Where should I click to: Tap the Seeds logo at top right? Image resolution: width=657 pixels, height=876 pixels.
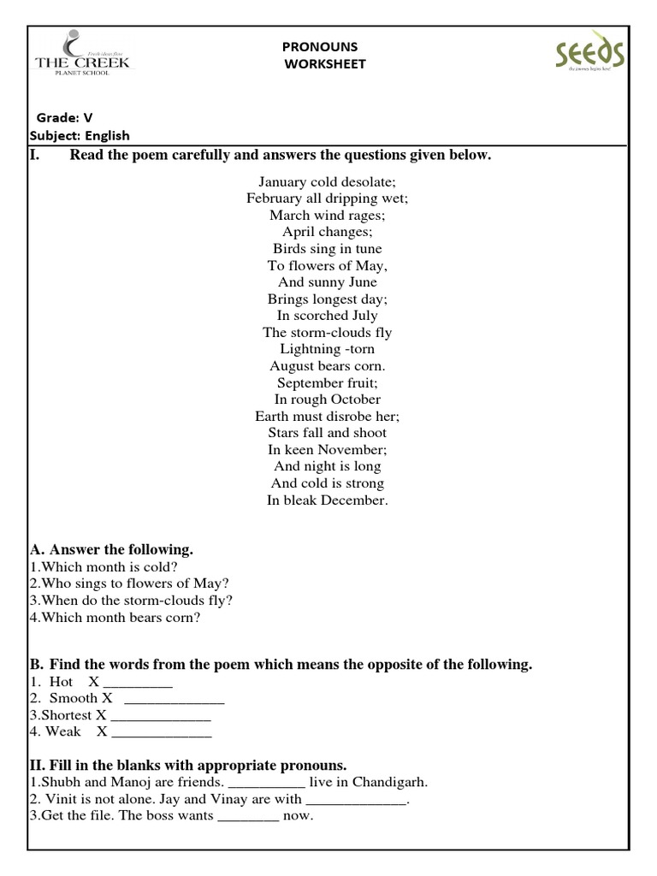coord(589,56)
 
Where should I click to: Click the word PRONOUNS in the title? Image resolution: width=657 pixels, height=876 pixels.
coord(320,47)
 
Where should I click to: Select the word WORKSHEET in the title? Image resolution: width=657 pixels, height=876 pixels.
coord(325,64)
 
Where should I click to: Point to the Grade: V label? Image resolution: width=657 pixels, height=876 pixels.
coord(64,117)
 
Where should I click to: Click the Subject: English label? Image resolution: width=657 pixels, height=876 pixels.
coord(80,135)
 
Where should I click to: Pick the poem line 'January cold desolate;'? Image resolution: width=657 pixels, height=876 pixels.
coord(327,182)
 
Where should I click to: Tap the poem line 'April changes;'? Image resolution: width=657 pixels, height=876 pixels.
coord(327,232)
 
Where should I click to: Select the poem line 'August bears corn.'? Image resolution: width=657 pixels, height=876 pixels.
coord(327,365)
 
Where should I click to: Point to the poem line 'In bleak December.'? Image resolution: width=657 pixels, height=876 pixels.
coord(327,500)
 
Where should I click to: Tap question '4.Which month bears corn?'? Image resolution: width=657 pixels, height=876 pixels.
coord(115,617)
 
